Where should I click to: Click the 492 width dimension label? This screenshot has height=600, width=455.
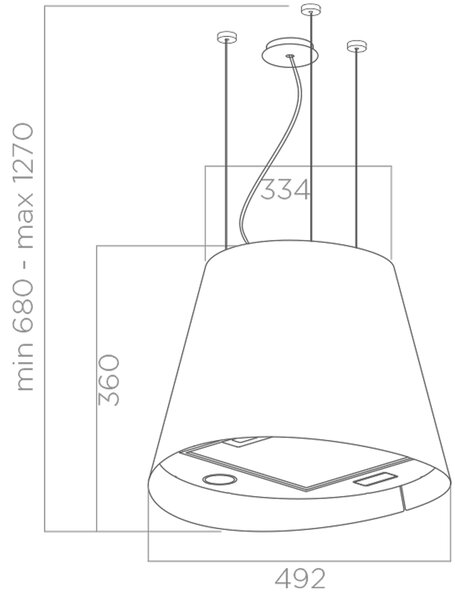tap(300, 579)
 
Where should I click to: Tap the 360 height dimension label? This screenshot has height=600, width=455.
tap(109, 380)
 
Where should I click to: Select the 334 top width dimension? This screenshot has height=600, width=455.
tap(285, 190)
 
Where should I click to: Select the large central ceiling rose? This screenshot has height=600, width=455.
tap(289, 53)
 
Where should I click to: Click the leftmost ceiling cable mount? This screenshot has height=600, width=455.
tap(227, 37)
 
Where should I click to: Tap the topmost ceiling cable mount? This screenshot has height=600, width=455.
tap(311, 10)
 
